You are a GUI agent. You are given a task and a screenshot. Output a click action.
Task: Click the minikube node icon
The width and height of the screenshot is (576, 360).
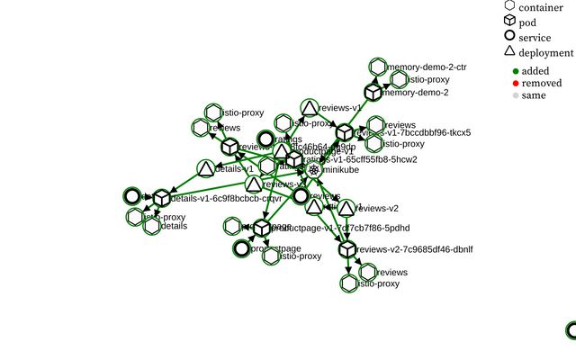[313, 170]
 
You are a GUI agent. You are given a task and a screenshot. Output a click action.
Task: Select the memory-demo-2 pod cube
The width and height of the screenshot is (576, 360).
[373, 92]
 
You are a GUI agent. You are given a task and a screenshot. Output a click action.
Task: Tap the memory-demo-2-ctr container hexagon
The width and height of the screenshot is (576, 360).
[378, 67]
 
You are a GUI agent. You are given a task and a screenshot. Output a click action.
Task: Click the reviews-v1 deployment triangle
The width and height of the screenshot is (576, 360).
[309, 109]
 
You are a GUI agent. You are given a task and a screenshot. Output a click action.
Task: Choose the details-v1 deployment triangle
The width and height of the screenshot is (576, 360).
[205, 168]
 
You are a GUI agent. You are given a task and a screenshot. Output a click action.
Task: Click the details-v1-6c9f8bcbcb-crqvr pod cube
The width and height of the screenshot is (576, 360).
[161, 198]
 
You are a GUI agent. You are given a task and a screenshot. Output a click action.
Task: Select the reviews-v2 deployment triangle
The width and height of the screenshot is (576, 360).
[346, 208]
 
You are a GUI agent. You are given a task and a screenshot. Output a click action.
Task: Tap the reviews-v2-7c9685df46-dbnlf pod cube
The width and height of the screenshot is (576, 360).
[347, 249]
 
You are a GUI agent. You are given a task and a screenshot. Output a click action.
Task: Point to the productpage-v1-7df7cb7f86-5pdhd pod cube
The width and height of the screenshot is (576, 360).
[262, 228]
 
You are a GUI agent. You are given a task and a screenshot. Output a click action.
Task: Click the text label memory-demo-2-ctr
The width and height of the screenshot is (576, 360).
[427, 67]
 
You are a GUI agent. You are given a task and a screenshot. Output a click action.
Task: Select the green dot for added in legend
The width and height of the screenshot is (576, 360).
[515, 71]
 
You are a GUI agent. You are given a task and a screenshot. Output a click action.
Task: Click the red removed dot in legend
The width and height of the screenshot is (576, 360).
[515, 83]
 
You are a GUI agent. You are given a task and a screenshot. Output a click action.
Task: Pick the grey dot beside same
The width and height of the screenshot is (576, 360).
[515, 95]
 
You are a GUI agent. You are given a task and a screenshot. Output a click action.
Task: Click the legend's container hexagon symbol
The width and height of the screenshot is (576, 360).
[509, 6]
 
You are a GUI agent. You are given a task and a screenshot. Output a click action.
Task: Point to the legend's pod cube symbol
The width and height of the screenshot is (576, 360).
[509, 22]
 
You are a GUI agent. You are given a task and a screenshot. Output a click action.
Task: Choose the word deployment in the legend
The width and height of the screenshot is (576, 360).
[546, 53]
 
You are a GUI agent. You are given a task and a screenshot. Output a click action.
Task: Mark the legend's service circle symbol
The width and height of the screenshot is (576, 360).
[509, 37]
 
